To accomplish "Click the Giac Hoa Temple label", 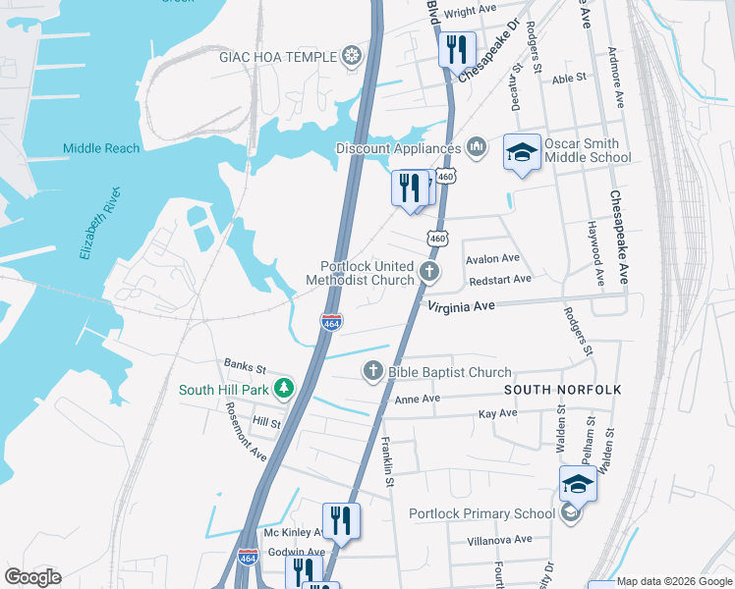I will (277, 56).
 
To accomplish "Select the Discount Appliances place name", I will (398, 148).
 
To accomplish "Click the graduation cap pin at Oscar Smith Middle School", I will (523, 152).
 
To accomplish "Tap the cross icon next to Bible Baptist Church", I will (372, 371).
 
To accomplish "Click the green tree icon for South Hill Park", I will (283, 389).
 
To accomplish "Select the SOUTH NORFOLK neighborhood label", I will (563, 390).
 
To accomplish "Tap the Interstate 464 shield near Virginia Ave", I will (332, 322).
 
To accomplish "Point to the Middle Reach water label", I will (101, 148).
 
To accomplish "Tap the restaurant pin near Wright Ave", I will (456, 50).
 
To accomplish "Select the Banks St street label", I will (245, 367).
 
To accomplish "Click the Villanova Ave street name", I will (498, 539).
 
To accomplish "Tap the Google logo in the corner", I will (32, 576).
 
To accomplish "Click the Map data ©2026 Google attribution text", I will (673, 581).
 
